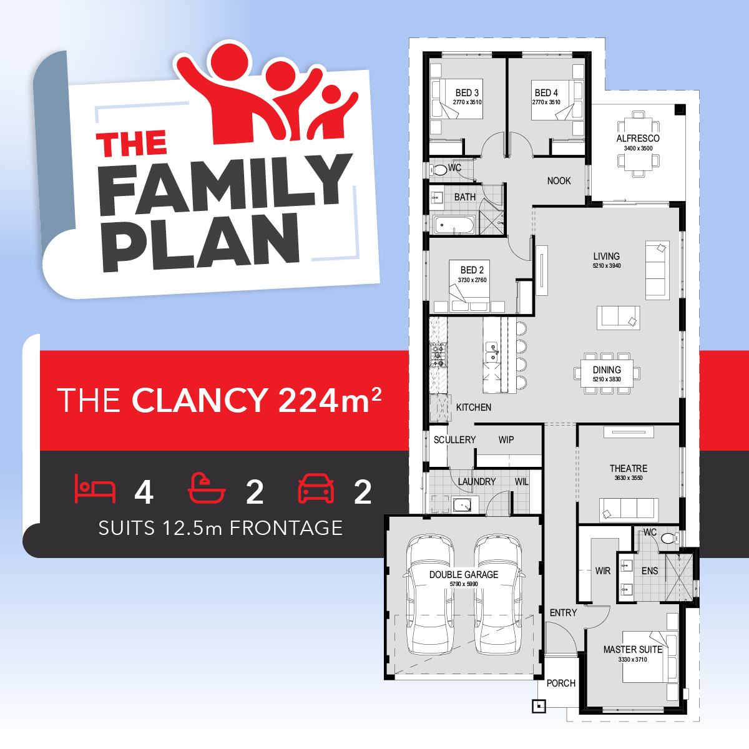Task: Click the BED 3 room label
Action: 467,92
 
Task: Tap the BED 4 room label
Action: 546,92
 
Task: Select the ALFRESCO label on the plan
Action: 638,138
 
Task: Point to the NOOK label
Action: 559,181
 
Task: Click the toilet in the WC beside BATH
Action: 439,169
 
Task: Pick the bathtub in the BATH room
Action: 454,225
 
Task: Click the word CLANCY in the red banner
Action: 200,400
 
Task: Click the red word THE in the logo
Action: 132,144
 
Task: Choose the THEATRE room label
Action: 629,468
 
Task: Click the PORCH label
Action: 561,683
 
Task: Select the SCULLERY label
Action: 454,439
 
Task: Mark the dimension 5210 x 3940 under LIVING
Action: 607,266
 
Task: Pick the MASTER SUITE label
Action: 632,649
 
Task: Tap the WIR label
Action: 602,570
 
